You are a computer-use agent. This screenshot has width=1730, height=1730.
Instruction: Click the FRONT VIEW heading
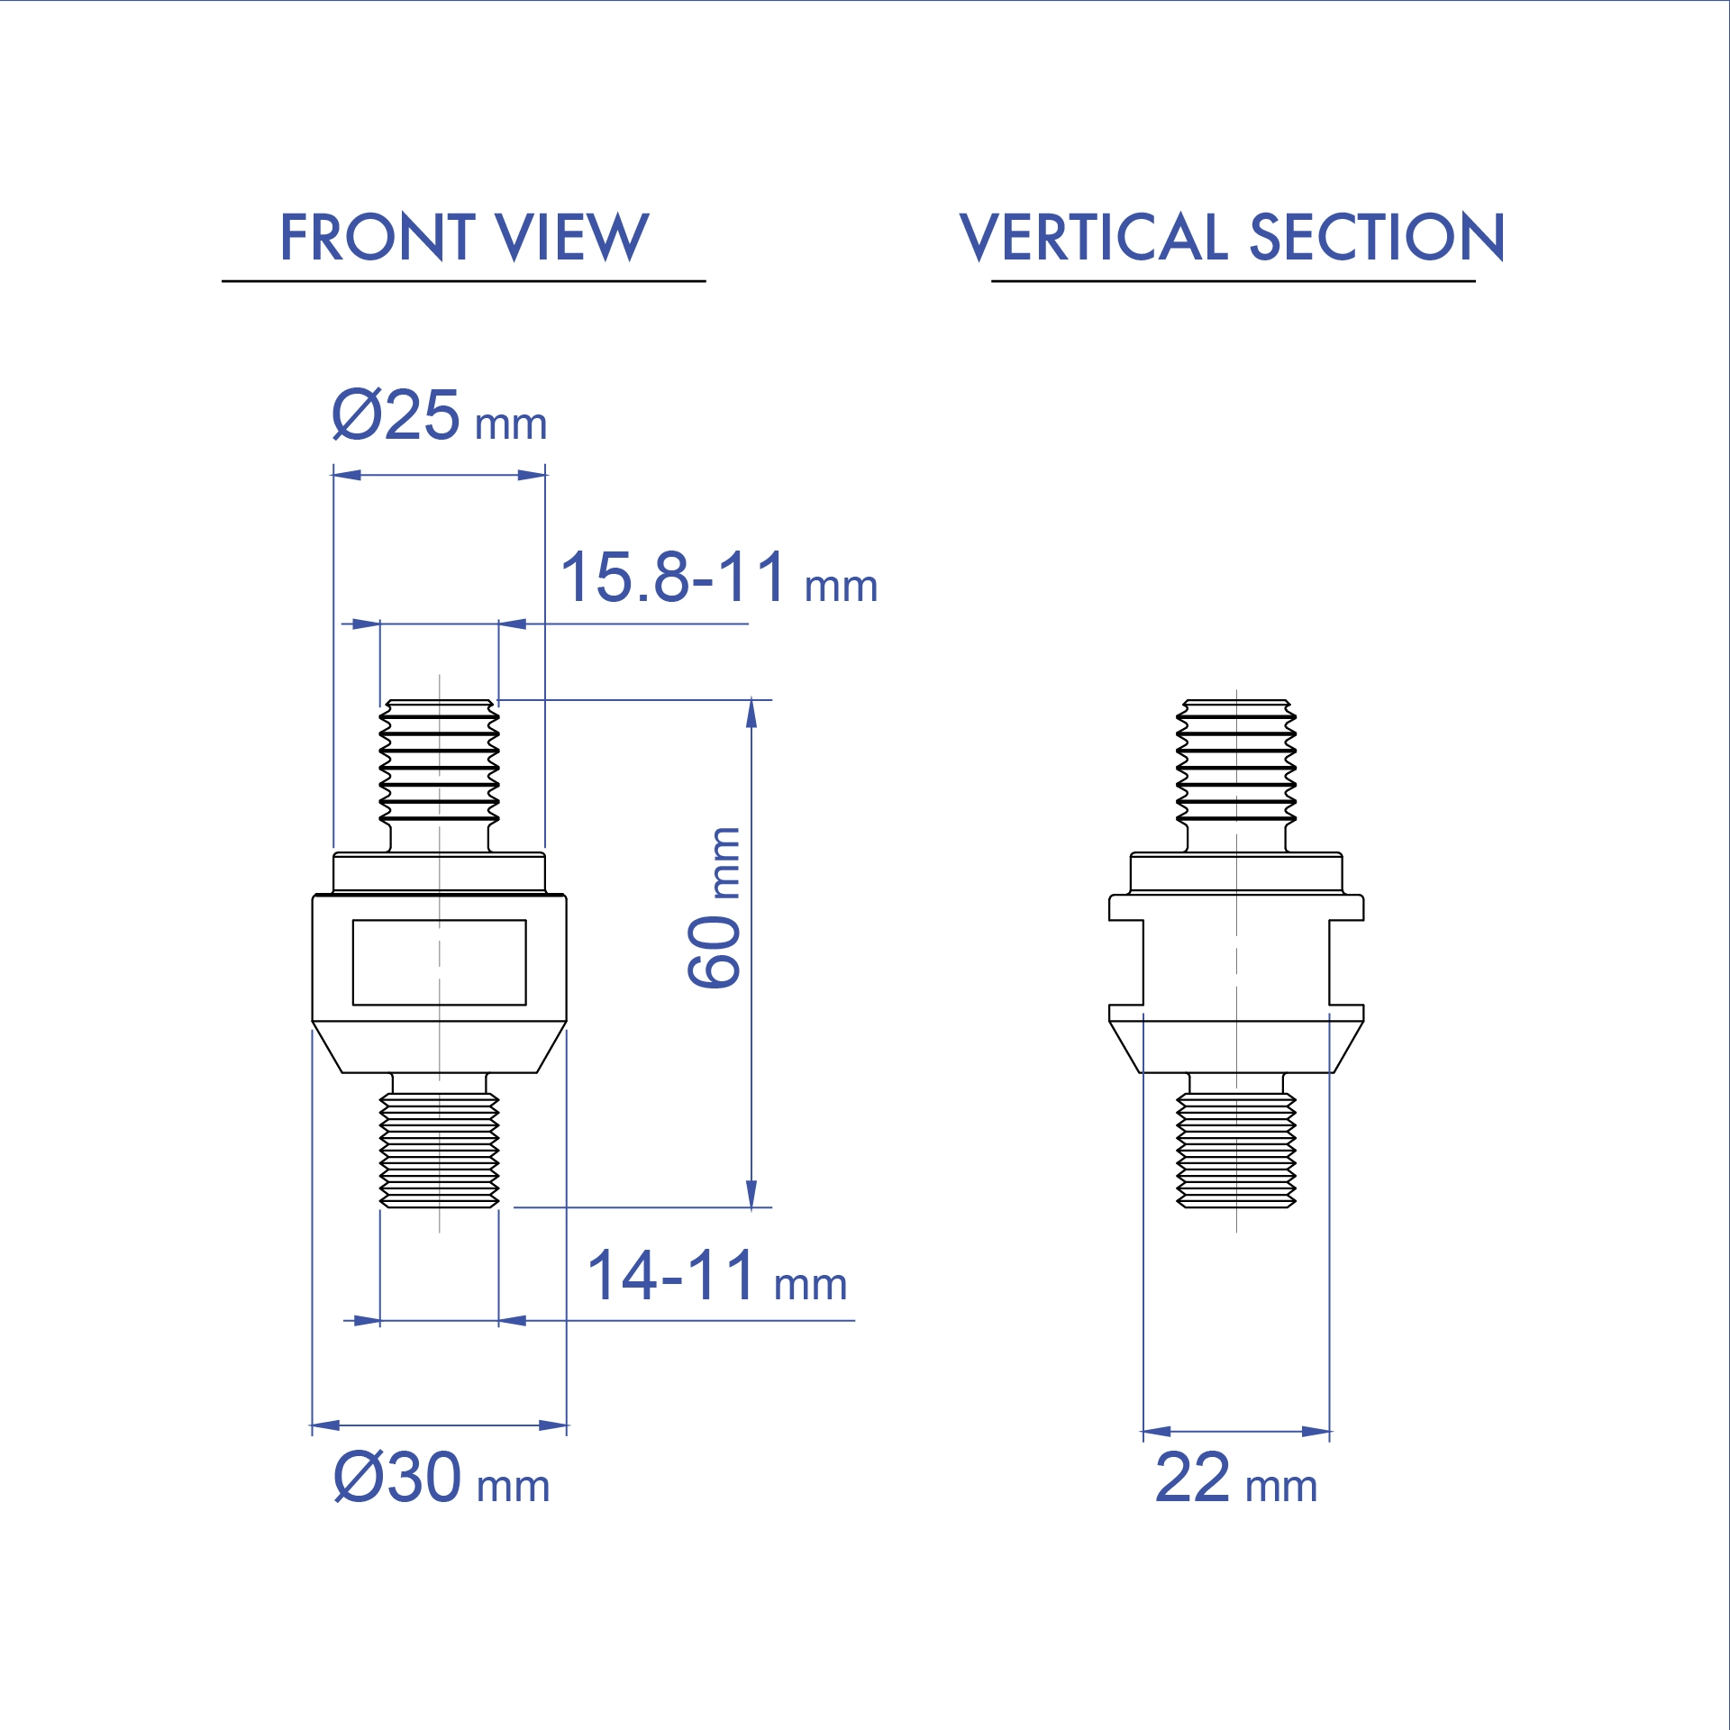point(464,238)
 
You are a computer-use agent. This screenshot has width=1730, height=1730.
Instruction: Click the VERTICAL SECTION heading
point(1232,238)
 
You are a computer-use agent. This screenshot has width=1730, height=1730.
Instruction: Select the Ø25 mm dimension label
point(439,416)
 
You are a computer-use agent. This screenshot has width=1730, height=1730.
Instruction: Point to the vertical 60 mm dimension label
point(715,907)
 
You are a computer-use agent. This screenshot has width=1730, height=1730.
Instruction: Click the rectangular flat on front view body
point(439,962)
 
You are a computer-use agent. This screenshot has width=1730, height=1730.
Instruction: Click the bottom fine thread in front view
point(439,1150)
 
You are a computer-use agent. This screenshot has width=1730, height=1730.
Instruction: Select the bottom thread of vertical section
point(1236,1150)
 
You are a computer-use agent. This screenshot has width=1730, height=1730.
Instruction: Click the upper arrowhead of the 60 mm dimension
point(751,713)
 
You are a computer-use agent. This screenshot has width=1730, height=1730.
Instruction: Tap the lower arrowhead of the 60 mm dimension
point(751,1195)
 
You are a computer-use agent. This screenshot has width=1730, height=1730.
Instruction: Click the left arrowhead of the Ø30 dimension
point(325,1425)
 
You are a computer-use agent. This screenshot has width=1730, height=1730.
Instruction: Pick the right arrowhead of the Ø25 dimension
point(532,475)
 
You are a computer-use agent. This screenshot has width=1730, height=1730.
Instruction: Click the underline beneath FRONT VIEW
point(463,281)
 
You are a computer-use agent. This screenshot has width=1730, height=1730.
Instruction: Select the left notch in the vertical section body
point(1126,962)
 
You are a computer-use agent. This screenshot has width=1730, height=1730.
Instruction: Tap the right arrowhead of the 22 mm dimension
point(1316,1431)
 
